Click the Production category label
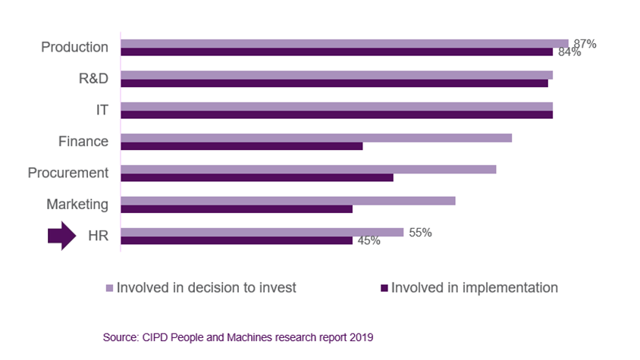[x=74, y=47]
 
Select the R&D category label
[x=93, y=78]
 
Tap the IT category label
[x=102, y=110]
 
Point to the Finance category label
[x=83, y=141]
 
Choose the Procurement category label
[x=68, y=173]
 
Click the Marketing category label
[x=77, y=204]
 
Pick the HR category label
[x=99, y=236]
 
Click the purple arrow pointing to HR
[x=61, y=236]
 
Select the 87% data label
[x=584, y=44]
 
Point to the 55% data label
[x=420, y=233]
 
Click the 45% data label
[x=368, y=241]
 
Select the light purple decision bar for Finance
[x=316, y=137]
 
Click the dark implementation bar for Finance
[x=241, y=146]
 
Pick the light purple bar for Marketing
[x=288, y=200]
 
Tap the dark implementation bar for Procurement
[x=257, y=177]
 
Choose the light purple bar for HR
[x=262, y=232]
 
